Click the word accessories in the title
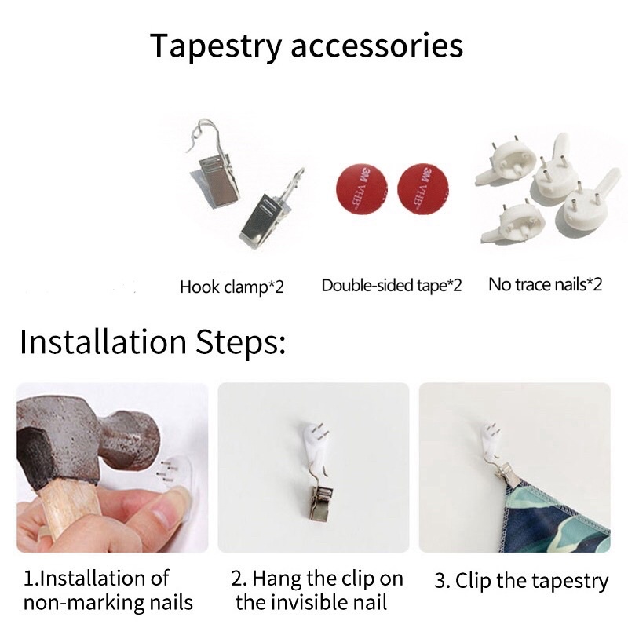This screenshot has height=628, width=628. pos(377,46)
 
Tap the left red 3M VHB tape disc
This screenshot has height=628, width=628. pos(362,188)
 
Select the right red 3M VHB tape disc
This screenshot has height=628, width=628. pos(423,188)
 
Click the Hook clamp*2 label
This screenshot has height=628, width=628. pos(232,287)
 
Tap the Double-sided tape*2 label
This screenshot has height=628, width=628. pos(392,286)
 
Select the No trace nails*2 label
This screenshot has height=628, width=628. pos(545,284)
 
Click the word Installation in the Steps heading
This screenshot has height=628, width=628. pos(103,341)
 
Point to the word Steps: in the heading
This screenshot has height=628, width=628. pos(241,342)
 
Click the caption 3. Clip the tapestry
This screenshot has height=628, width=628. pos(521,581)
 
